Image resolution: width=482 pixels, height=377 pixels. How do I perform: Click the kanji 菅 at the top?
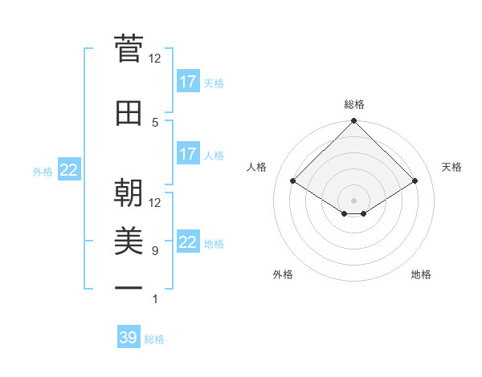tap(129, 50)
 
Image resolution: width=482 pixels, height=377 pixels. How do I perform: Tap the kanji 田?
tap(129, 113)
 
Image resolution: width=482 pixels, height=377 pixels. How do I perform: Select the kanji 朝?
tap(129, 193)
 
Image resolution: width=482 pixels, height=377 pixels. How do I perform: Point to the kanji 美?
tap(129, 241)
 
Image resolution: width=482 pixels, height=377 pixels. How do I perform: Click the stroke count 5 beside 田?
tap(155, 122)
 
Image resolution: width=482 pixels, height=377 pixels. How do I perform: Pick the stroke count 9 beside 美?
tap(155, 251)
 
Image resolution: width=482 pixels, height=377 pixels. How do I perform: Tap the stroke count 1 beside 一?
tap(155, 299)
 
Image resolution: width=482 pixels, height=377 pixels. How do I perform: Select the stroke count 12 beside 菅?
tap(155, 58)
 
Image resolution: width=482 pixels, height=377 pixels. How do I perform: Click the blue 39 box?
tap(129, 338)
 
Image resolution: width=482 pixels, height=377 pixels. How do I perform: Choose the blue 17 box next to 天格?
tap(187, 82)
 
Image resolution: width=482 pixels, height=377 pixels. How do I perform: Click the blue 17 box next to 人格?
tap(187, 154)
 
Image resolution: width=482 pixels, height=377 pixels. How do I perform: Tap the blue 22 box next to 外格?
tap(69, 170)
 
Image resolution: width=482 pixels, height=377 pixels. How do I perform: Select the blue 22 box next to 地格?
tap(187, 242)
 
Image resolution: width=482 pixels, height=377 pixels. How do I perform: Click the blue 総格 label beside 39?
tap(154, 339)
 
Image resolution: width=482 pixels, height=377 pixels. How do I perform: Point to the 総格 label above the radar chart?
tap(353, 104)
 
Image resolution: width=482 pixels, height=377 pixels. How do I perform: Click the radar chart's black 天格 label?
tap(451, 167)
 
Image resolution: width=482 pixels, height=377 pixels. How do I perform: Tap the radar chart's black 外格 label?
tap(283, 274)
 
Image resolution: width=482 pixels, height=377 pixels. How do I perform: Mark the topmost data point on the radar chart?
tap(353, 122)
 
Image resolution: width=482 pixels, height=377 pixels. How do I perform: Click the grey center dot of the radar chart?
tap(353, 199)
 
